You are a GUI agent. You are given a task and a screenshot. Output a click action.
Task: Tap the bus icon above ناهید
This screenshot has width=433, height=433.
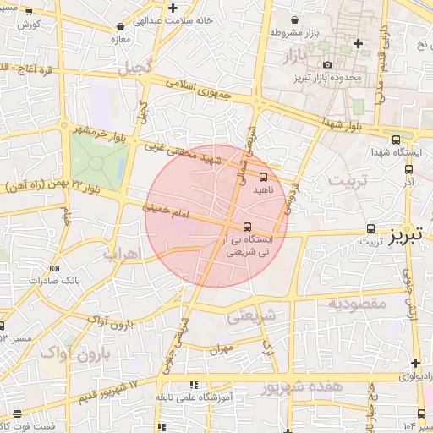(x=263, y=178)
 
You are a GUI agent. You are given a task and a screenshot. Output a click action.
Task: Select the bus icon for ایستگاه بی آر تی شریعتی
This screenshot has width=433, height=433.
(x=247, y=227)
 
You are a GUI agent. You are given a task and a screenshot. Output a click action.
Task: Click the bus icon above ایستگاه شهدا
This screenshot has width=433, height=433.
(x=396, y=140)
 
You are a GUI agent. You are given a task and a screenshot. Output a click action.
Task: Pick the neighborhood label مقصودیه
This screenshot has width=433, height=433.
(x=357, y=303)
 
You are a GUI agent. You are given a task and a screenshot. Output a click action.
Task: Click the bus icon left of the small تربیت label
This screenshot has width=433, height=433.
(x=370, y=228)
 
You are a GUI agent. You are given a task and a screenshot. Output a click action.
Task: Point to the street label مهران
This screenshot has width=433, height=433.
(x=222, y=348)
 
